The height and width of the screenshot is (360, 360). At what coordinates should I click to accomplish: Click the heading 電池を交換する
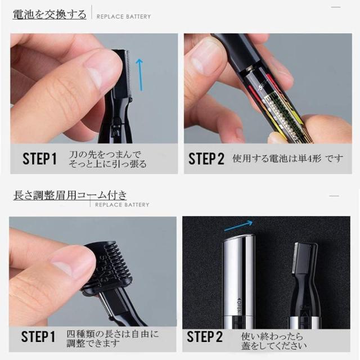tap(49, 15)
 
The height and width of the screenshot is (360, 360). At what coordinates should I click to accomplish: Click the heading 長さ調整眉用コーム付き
tap(70, 195)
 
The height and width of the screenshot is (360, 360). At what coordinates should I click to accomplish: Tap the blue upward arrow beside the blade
tap(139, 75)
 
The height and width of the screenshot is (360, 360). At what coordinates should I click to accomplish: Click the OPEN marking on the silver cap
tap(238, 303)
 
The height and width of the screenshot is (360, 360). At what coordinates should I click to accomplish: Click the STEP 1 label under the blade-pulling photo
tap(39, 159)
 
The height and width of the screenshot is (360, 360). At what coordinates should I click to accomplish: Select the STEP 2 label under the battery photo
tap(206, 159)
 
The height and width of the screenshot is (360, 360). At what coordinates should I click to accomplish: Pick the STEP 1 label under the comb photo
tap(38, 337)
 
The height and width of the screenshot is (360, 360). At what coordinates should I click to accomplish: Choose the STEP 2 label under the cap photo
tap(205, 337)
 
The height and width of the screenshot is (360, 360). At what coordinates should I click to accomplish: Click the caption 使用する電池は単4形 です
tap(287, 159)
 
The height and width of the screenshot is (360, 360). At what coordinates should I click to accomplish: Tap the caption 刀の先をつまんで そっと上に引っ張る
tap(107, 159)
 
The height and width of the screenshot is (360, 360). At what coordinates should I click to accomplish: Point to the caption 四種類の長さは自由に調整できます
tap(112, 339)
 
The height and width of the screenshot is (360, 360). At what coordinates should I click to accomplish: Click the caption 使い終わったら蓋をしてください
tap(274, 341)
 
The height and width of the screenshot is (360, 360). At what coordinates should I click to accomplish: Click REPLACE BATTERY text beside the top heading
tap(124, 16)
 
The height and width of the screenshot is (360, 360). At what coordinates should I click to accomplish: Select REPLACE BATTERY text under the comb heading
tap(122, 205)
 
